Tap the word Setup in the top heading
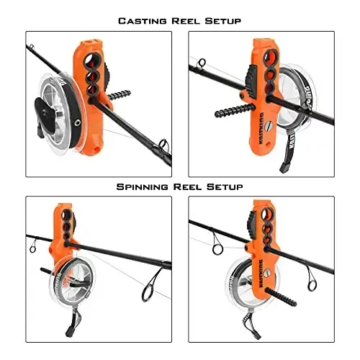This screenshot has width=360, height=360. [221, 21]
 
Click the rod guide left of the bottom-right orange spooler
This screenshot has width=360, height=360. [217, 248]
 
